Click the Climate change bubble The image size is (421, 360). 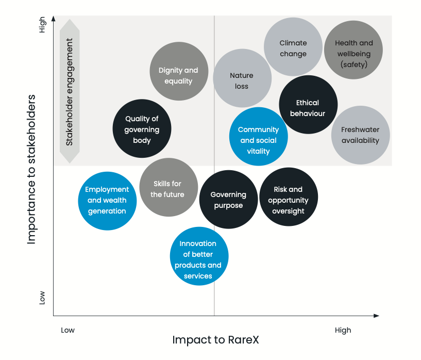[293, 48]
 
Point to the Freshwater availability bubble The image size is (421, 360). [360, 135]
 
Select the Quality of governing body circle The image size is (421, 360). [142, 129]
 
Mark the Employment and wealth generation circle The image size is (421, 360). [107, 201]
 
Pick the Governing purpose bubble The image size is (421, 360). [228, 200]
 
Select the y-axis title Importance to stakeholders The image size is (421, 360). [32, 169]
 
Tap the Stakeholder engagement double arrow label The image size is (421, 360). [70, 91]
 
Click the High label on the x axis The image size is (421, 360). [343, 330]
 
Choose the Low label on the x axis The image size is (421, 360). [68, 330]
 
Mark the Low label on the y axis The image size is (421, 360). [42, 297]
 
